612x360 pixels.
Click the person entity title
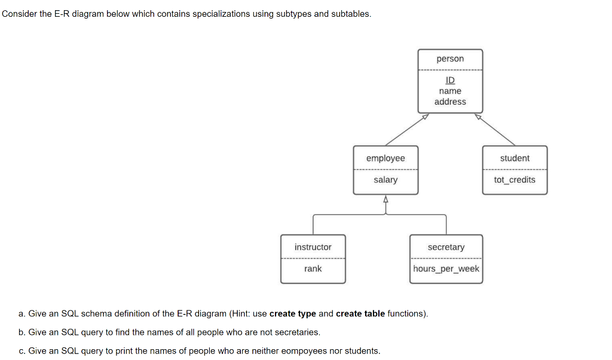[x=450, y=59]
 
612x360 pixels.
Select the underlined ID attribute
[x=450, y=80]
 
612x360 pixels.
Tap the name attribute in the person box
[x=450, y=91]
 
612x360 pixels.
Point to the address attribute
[x=450, y=102]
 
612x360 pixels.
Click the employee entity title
[x=385, y=158]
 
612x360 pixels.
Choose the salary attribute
[x=385, y=179]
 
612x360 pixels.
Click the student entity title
[x=515, y=158]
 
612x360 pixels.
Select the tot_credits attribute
[x=515, y=179]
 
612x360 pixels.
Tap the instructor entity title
[x=313, y=247]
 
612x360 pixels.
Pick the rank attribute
[x=313, y=269]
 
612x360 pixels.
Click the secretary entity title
[x=446, y=247]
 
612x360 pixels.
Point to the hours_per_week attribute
[x=446, y=269]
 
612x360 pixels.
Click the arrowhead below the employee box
[x=385, y=199]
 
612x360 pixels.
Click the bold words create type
[x=292, y=313]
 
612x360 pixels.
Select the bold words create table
[x=360, y=313]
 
